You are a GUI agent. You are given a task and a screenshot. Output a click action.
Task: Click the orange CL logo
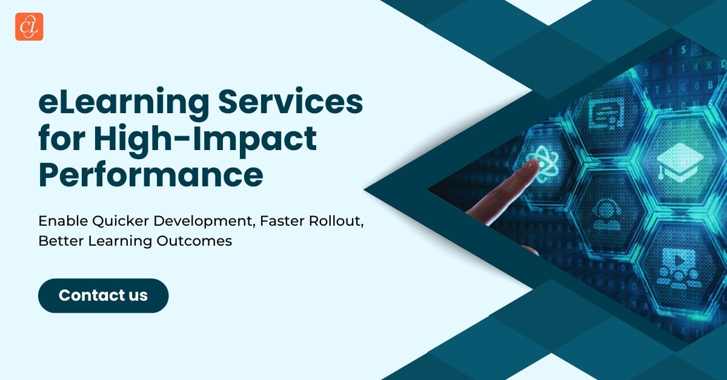coord(29,27)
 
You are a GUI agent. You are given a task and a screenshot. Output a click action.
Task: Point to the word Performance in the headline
coord(151,175)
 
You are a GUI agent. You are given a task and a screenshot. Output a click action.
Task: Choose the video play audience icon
coord(676,266)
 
